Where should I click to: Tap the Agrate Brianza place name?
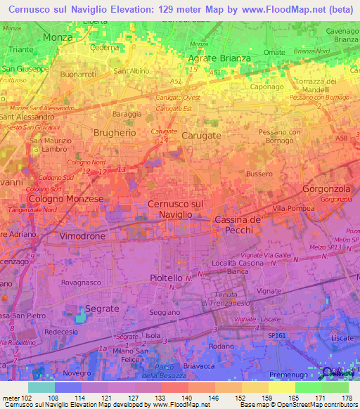219,58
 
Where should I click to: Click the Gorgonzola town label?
326,190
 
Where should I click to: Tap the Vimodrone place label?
82,236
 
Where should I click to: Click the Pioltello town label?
167,278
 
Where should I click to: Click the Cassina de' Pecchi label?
238,225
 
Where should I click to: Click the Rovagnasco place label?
81,283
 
